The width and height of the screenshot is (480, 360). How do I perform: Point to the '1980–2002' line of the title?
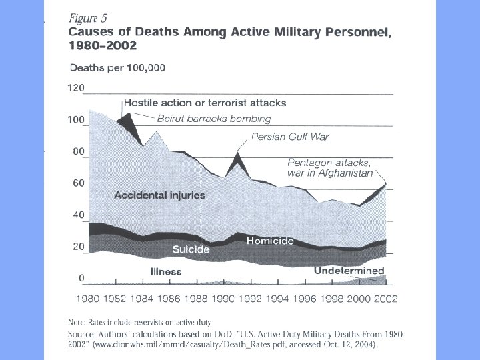[103, 46]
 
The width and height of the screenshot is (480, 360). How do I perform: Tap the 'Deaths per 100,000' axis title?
[118, 67]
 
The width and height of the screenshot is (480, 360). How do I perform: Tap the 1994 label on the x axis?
[276, 299]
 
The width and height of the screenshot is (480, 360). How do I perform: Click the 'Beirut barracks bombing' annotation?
[214, 119]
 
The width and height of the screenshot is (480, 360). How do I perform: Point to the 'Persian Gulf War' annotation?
[290, 137]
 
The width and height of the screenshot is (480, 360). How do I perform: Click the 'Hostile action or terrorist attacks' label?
[205, 103]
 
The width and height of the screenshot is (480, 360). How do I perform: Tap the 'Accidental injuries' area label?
[159, 195]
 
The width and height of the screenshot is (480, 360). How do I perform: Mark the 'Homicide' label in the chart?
[270, 240]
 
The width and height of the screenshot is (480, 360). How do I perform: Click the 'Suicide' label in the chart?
[191, 250]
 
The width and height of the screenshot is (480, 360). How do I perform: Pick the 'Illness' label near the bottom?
[166, 271]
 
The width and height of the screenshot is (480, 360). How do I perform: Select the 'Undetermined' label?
[349, 271]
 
